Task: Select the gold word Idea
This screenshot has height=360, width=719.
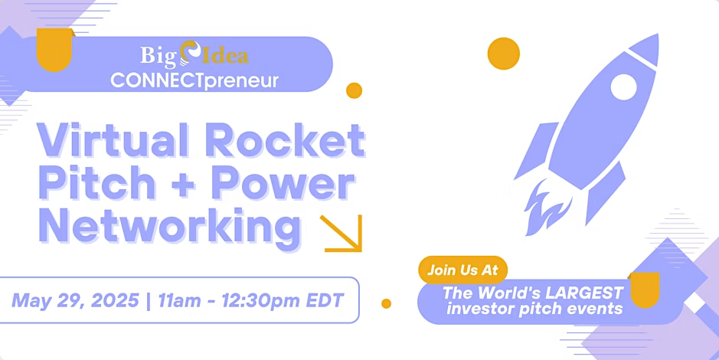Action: [x=224, y=55]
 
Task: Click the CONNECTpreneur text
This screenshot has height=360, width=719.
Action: [x=194, y=80]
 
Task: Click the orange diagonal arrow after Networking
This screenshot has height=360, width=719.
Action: [x=342, y=233]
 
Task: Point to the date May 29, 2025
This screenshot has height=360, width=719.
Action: [x=76, y=301]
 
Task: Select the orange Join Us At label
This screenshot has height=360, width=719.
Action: [x=462, y=270]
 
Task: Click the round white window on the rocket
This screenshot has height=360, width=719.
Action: [x=623, y=87]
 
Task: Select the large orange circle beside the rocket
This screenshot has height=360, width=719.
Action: [x=504, y=53]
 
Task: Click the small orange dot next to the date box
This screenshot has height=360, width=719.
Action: [x=386, y=303]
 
